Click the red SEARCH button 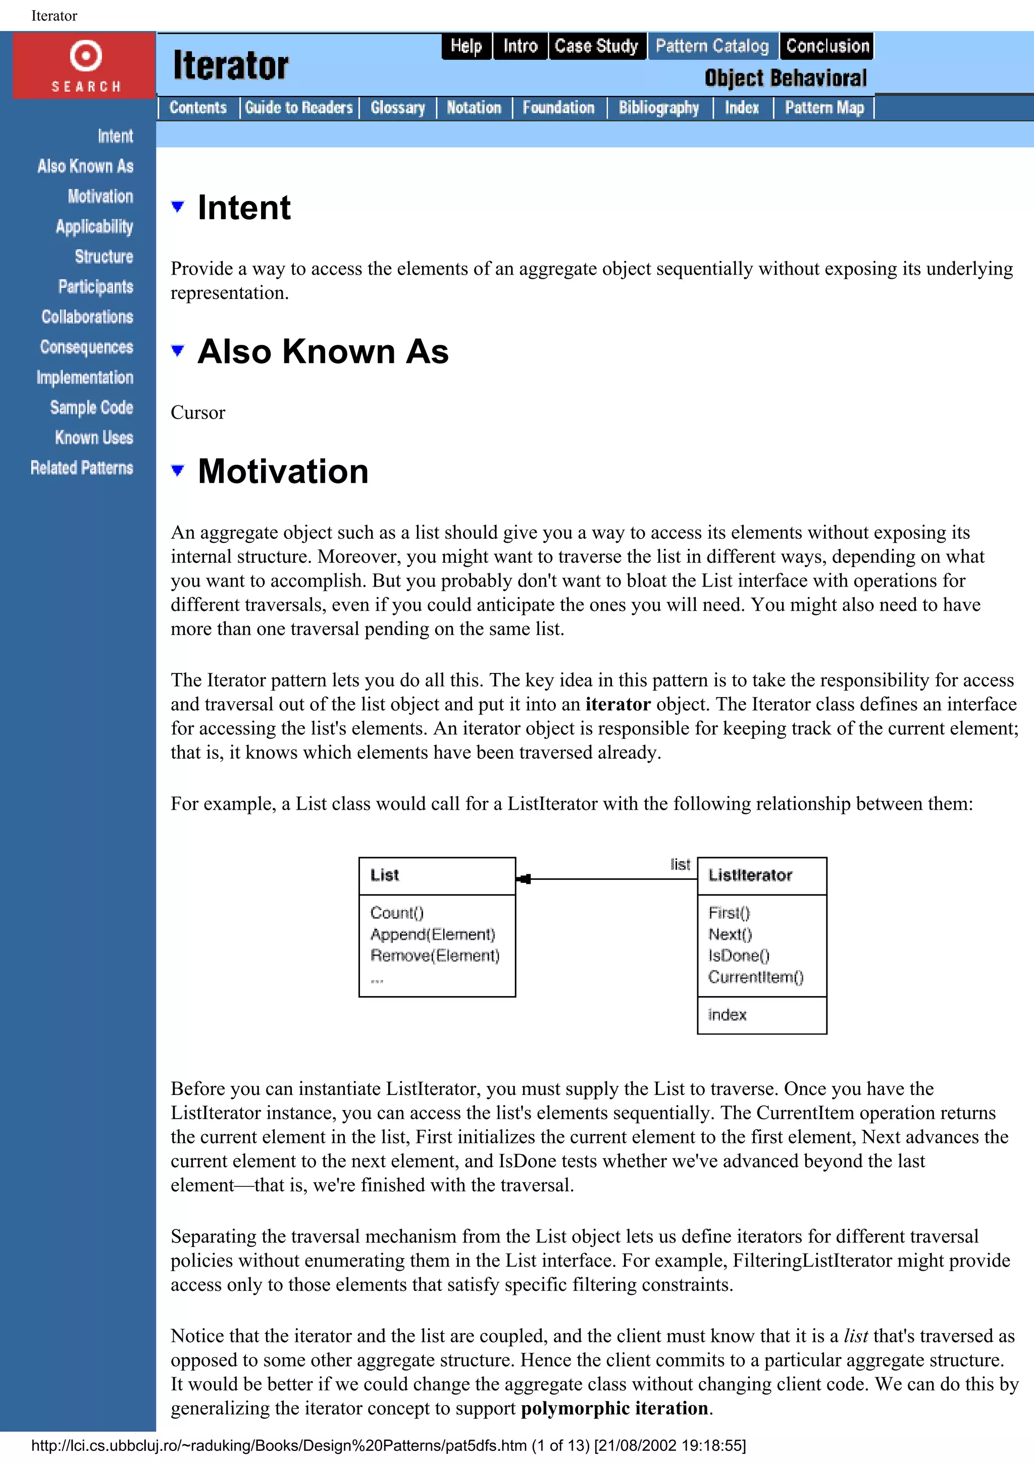85,66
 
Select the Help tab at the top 466,46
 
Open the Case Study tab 596,46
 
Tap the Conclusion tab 826,46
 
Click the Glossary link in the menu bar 397,108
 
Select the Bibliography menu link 658,108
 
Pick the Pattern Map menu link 824,108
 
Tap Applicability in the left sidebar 94,227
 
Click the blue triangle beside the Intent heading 178,206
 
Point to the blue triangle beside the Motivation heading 178,471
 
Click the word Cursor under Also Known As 197,413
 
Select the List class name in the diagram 384,875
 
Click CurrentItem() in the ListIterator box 756,977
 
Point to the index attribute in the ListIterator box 727,1014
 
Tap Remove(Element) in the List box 435,955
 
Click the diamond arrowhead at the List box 524,879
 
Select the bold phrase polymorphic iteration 614,1407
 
